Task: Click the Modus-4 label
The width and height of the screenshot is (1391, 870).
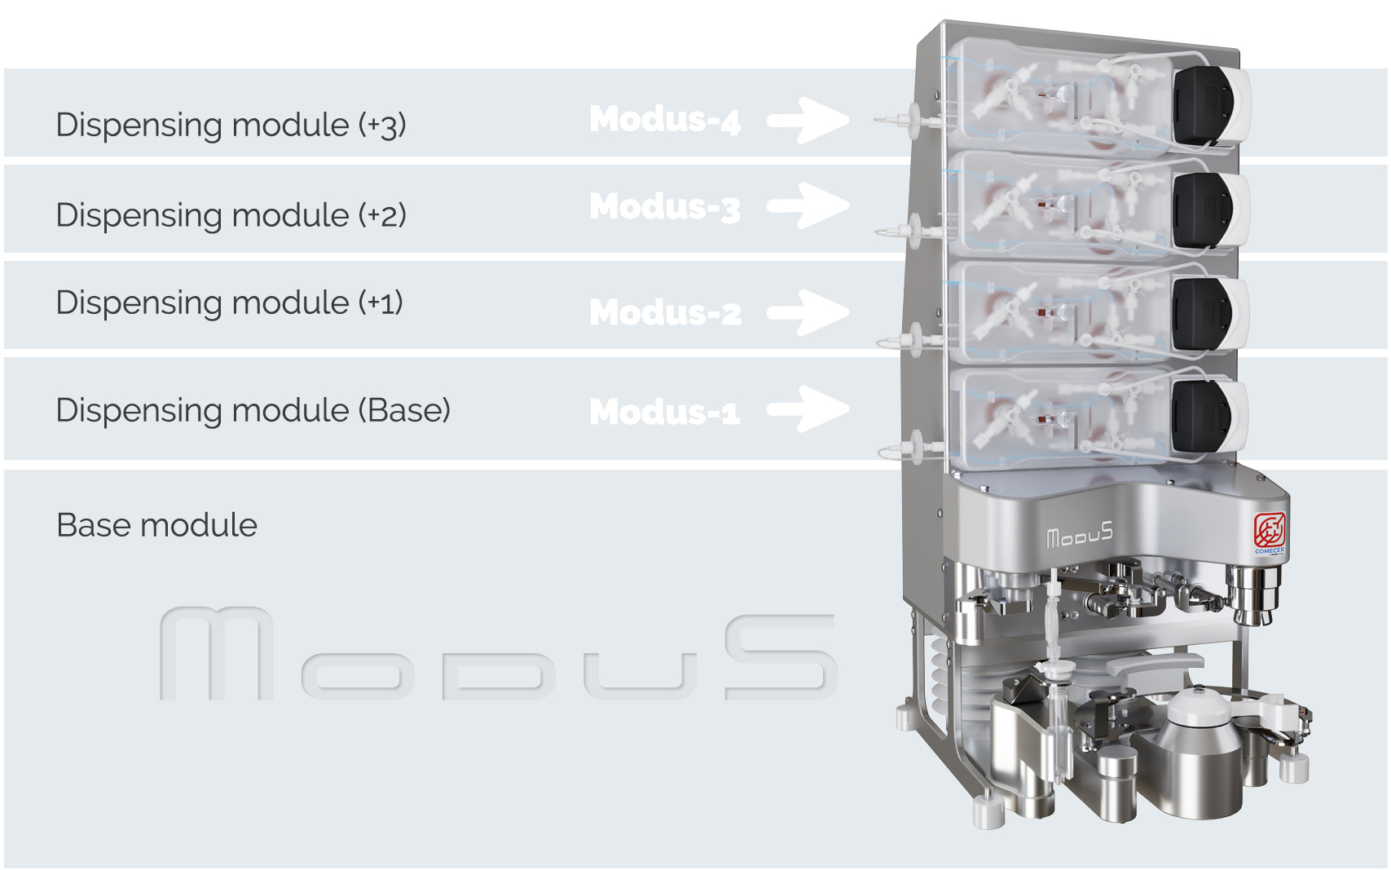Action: point(665,120)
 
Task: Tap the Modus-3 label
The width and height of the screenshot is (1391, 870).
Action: point(665,207)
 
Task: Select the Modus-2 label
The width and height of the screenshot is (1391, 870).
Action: point(665,312)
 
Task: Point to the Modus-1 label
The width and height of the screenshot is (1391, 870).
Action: point(665,412)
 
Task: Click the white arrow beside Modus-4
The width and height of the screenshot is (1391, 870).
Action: point(808,121)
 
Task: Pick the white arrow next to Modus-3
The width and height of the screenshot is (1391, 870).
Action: point(808,205)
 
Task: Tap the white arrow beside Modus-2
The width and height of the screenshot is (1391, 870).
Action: point(808,312)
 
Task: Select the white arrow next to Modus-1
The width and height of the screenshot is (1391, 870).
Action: point(808,409)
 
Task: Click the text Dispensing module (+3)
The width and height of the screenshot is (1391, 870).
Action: point(231,125)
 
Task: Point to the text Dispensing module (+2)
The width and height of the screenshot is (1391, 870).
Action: point(231,215)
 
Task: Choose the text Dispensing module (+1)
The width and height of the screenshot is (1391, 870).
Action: point(229,303)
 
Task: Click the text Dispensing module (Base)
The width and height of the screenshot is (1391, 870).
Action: point(253,410)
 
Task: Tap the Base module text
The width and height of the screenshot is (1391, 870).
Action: point(156,525)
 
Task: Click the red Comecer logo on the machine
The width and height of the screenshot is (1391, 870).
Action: point(1269,531)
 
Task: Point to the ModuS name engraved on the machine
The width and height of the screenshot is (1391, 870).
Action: point(1079,536)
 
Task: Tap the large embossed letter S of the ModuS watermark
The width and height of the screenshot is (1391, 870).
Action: point(780,657)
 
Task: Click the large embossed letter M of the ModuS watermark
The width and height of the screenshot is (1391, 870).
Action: point(217,653)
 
